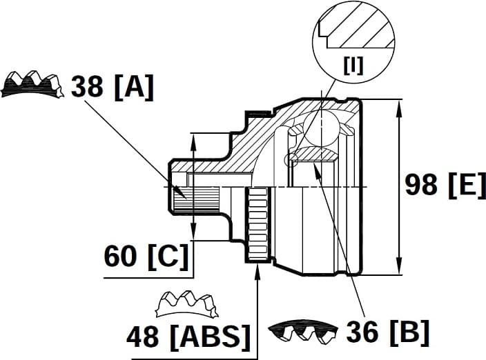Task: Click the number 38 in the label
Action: pyautogui.click(x=87, y=88)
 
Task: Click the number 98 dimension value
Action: pyautogui.click(x=422, y=185)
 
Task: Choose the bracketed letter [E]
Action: pyautogui.click(x=466, y=185)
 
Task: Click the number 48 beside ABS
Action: pyautogui.click(x=143, y=337)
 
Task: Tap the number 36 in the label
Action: pyautogui.click(x=361, y=332)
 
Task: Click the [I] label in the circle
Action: pyautogui.click(x=353, y=67)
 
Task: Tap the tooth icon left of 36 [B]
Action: pyautogui.click(x=302, y=332)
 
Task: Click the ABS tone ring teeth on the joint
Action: pyautogui.click(x=257, y=224)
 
